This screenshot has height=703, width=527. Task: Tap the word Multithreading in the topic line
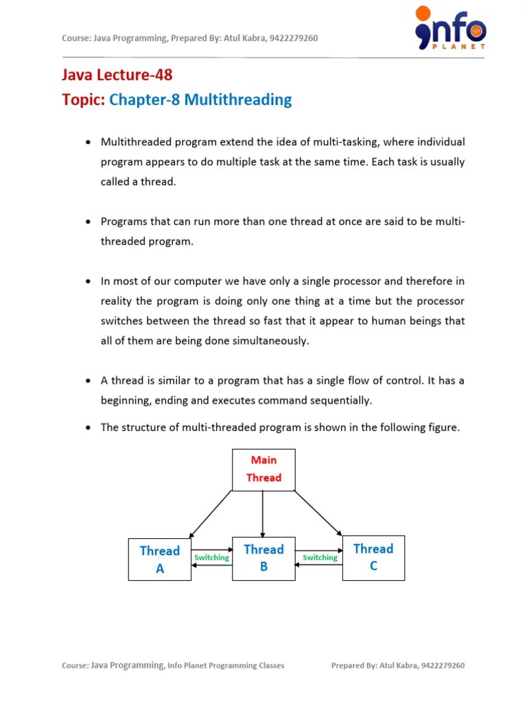click(x=239, y=100)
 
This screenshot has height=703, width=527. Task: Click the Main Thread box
click(x=263, y=470)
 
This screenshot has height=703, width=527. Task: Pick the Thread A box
click(x=160, y=560)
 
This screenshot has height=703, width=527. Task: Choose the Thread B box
click(x=263, y=558)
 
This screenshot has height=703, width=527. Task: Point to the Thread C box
click(x=373, y=557)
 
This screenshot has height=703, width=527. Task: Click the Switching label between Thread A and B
click(x=212, y=557)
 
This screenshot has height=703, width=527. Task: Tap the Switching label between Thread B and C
click(x=320, y=557)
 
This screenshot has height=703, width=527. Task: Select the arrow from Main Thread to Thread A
click(x=211, y=514)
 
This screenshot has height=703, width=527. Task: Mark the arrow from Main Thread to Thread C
click(x=317, y=512)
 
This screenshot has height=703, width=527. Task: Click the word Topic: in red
click(x=84, y=100)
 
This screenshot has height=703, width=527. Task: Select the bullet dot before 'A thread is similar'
click(x=88, y=381)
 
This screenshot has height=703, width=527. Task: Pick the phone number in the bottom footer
click(x=443, y=665)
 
